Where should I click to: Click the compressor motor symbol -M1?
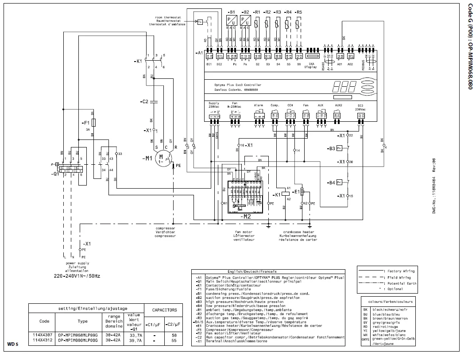click(162, 158)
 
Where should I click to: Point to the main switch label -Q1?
click(54, 174)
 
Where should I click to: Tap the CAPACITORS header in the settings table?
click(164, 310)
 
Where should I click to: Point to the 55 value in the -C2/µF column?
click(174, 340)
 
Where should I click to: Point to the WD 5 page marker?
click(13, 344)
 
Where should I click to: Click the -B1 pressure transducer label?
click(232, 12)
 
